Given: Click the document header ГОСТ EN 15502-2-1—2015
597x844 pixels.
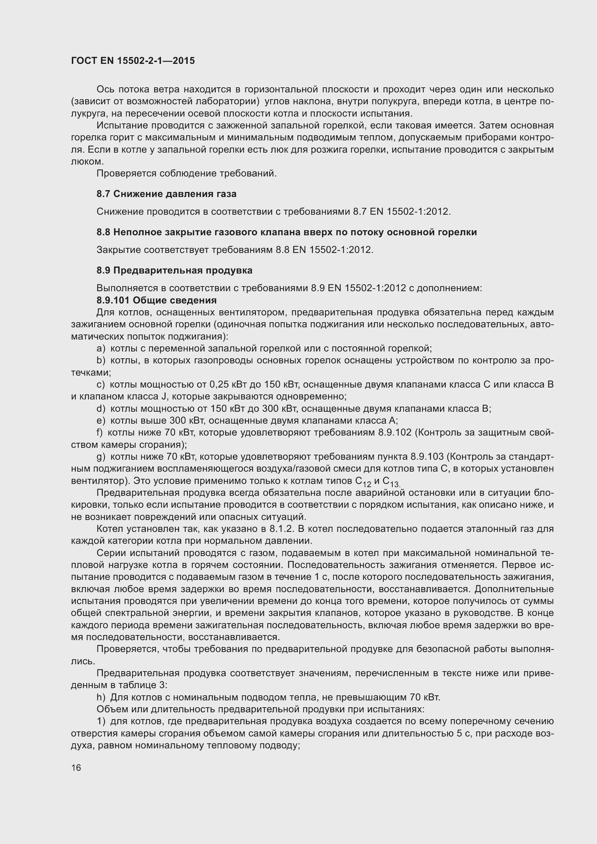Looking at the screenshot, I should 133,61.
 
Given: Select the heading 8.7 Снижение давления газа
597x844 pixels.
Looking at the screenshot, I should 166,194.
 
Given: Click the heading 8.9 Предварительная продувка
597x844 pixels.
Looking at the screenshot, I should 174,270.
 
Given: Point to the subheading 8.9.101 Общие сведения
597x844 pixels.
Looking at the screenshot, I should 157,300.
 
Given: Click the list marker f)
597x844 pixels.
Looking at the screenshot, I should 100,432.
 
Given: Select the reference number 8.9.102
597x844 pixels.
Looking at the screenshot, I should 395,432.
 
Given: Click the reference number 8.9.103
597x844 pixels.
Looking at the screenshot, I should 426,456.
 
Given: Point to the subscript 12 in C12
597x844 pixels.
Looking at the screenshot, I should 366,484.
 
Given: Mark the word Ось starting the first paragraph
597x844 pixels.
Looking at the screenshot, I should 105,89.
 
